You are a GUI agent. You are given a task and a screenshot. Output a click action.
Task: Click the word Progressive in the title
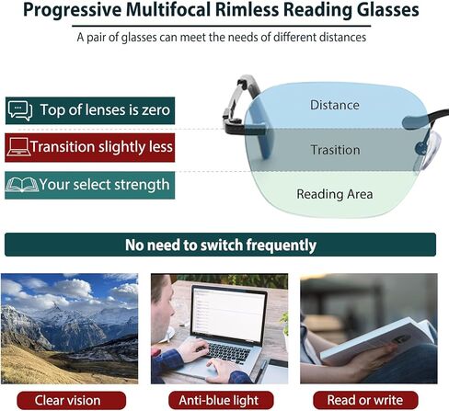click(73, 10)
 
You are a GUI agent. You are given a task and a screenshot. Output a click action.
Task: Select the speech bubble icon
click(20, 110)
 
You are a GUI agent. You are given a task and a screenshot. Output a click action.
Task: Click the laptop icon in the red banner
click(18, 147)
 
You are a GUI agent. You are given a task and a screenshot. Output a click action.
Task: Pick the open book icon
click(22, 185)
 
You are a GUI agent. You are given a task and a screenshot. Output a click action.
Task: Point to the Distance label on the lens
click(335, 105)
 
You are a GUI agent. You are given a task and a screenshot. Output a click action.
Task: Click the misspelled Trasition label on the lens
click(336, 150)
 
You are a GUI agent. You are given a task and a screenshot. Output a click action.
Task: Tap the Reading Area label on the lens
click(335, 194)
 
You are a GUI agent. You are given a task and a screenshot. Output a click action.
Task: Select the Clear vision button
click(72, 400)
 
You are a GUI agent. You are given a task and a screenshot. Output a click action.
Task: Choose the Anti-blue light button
click(221, 400)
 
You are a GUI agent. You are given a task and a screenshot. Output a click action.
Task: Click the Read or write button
click(365, 400)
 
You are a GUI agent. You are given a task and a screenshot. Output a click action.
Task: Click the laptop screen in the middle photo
click(228, 314)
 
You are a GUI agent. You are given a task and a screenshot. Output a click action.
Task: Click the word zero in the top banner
click(155, 110)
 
